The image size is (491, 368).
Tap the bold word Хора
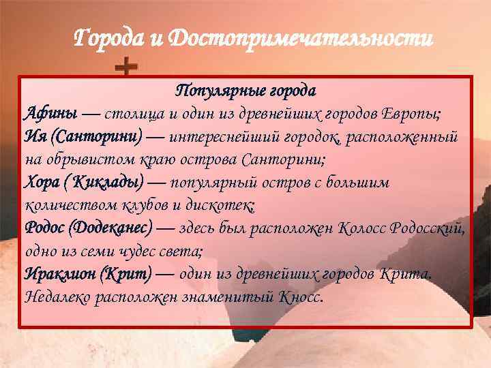coord(43,183)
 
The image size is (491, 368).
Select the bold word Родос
coord(46,228)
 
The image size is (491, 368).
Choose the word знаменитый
coord(226,297)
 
